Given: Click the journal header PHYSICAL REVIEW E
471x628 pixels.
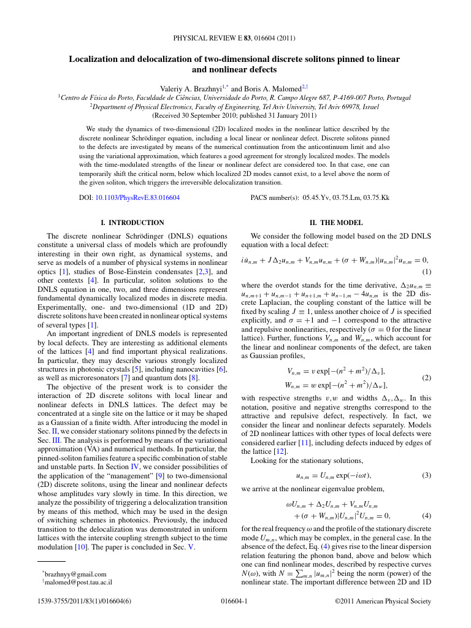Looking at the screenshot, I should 212,39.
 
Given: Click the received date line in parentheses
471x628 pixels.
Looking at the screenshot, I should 234,115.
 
